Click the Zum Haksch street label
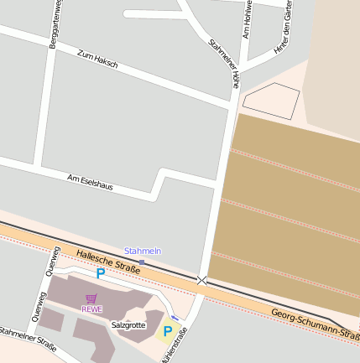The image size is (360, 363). (x=97, y=59)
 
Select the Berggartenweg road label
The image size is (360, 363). (x=55, y=25)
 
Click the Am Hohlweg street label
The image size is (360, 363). (x=246, y=20)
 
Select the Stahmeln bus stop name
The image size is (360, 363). (x=142, y=251)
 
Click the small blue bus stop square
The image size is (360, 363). (x=142, y=262)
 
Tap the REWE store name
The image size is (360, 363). (x=91, y=309)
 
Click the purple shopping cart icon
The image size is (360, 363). (x=91, y=298)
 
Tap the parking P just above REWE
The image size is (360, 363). (x=101, y=273)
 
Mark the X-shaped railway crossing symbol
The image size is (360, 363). (x=201, y=280)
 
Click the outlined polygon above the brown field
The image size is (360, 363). (x=270, y=100)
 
